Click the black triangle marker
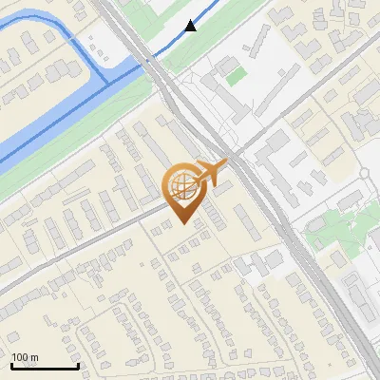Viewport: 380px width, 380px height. (192, 26)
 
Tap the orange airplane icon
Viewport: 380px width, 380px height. (212, 172)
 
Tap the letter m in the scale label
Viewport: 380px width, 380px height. (34, 357)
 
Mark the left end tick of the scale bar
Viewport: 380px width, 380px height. (11, 366)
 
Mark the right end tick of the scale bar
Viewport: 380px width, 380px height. (78, 366)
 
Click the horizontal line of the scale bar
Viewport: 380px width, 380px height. (45, 367)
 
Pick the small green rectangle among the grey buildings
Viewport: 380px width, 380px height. (235, 75)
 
